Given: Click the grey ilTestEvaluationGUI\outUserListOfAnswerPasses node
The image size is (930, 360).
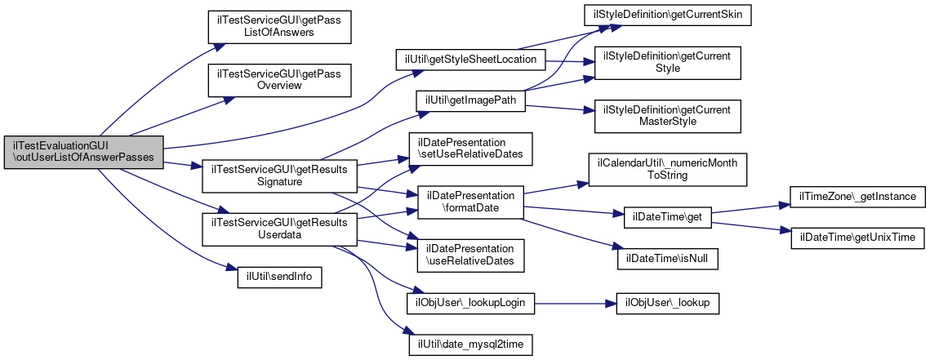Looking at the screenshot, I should (x=84, y=153).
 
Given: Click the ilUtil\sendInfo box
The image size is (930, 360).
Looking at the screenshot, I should (x=274, y=277).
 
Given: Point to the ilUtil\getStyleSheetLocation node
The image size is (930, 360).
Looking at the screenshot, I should (x=469, y=60).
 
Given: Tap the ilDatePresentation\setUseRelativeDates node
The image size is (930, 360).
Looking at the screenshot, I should (x=469, y=148).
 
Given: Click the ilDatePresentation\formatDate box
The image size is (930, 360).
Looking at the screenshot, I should (x=469, y=203).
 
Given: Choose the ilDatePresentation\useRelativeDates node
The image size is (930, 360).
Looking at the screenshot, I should (x=469, y=256).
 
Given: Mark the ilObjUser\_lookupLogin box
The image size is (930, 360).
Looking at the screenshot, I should (x=469, y=303).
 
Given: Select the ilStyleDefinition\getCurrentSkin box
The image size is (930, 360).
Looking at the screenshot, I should (x=667, y=16).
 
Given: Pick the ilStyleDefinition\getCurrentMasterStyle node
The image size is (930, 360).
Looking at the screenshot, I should (x=667, y=115).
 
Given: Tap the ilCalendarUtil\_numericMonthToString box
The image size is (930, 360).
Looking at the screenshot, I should (x=667, y=170).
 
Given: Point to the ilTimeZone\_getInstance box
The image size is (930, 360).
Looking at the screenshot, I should (x=856, y=197).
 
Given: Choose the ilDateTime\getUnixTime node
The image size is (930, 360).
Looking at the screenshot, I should (x=856, y=237).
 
